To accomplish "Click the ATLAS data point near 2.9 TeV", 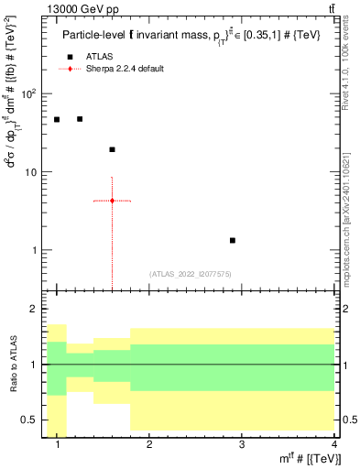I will click(232, 240).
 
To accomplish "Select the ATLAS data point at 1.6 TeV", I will click(112, 149).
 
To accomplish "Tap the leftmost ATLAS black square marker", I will click(57, 119).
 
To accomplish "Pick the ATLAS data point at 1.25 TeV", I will click(80, 119).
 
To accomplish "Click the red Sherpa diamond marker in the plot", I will click(112, 201).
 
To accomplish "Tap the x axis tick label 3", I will click(241, 444).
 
